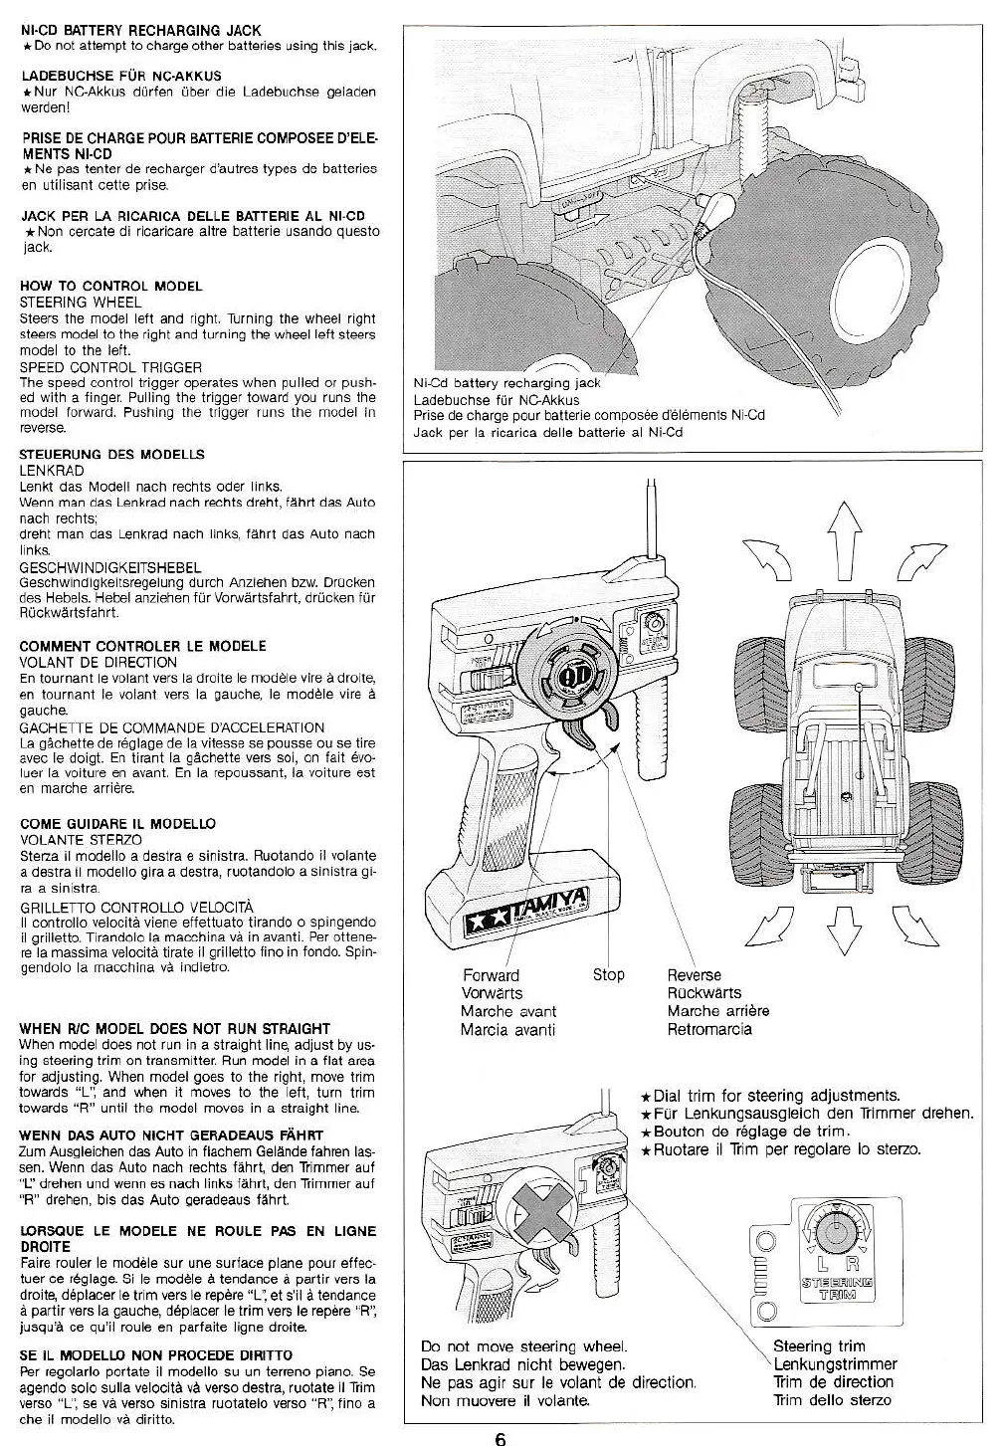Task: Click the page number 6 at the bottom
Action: [x=501, y=1436]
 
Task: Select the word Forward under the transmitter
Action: [x=491, y=975]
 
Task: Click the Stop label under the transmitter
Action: [x=608, y=974]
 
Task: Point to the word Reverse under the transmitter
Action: [x=694, y=975]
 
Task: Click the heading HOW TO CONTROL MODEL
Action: [x=111, y=286]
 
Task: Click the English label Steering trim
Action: [x=819, y=1346]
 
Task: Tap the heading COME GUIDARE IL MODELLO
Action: [x=117, y=824]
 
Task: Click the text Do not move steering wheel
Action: [x=523, y=1346]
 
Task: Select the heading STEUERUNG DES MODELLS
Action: [x=112, y=454]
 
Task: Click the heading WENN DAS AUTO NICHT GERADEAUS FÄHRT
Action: [x=171, y=1135]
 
